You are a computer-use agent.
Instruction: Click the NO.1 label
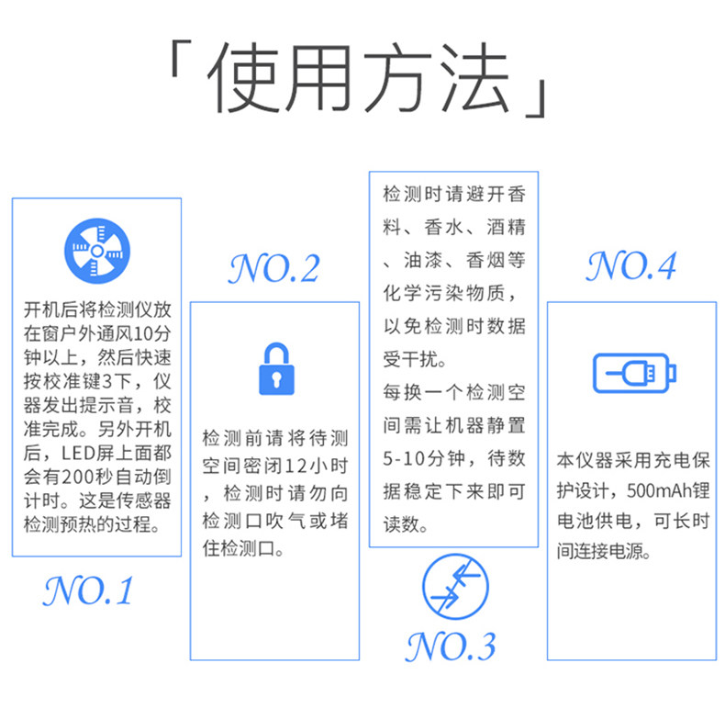coord(88,590)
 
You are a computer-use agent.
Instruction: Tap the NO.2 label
coord(274,268)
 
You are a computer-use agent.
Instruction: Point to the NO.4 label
coord(631,265)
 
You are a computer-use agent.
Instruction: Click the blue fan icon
coord(96,249)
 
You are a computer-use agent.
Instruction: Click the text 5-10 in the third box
coord(401,458)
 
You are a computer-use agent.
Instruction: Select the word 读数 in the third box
coord(405,525)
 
